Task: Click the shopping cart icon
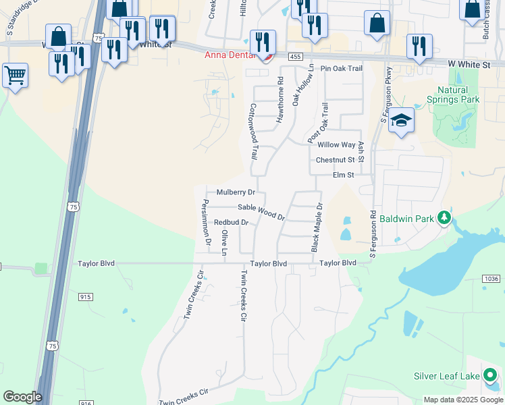pyautogui.click(x=15, y=75)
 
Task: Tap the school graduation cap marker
pyautogui.click(x=402, y=121)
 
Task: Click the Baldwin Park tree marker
pyautogui.click(x=444, y=217)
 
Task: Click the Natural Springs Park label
pyautogui.click(x=452, y=94)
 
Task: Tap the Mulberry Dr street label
pyautogui.click(x=235, y=192)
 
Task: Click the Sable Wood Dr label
pyautogui.click(x=261, y=212)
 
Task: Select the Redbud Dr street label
pyautogui.click(x=231, y=222)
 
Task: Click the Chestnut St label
pyautogui.click(x=336, y=160)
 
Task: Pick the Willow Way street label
pyautogui.click(x=336, y=145)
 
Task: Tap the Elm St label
pyautogui.click(x=343, y=175)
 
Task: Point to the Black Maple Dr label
pyautogui.click(x=316, y=227)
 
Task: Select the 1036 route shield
pyautogui.click(x=491, y=279)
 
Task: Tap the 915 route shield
pyautogui.click(x=85, y=296)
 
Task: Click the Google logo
pyautogui.click(x=22, y=397)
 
